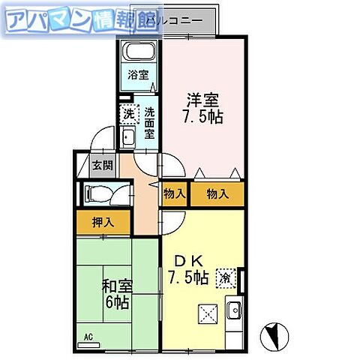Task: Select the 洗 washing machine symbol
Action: point(128,115)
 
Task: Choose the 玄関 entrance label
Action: point(101,166)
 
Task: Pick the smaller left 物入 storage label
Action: point(174,193)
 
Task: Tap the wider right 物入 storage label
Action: point(217,193)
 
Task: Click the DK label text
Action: point(187,260)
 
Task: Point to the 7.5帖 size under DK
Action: point(187,277)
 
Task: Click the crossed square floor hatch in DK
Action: point(207,313)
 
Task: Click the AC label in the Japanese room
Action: point(88,336)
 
